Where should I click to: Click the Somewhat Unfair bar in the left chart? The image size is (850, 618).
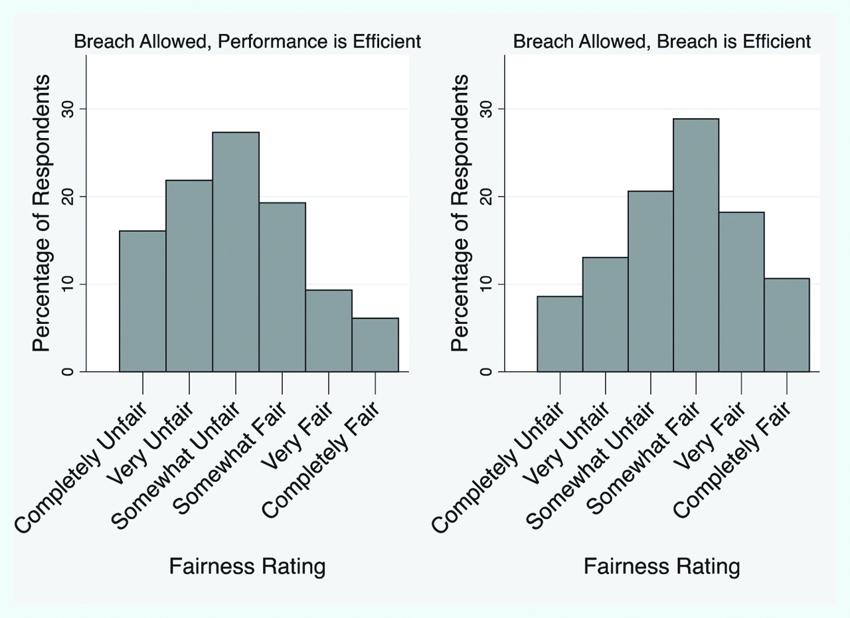(236, 252)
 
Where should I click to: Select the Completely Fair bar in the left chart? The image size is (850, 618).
(375, 345)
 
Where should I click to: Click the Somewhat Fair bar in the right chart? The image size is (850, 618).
(696, 246)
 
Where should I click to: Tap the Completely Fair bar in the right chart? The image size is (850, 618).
(787, 325)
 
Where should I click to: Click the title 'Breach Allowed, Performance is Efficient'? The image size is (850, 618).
(247, 42)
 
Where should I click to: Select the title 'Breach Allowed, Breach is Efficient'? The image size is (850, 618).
(662, 42)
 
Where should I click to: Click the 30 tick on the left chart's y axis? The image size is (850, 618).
(68, 108)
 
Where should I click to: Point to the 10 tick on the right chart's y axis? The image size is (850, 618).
(486, 284)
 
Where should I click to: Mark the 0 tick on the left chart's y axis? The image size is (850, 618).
(68, 371)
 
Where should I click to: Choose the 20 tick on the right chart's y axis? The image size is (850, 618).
(486, 196)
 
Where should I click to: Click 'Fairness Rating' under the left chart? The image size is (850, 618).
(247, 567)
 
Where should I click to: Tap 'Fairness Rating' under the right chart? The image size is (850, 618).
(662, 567)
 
